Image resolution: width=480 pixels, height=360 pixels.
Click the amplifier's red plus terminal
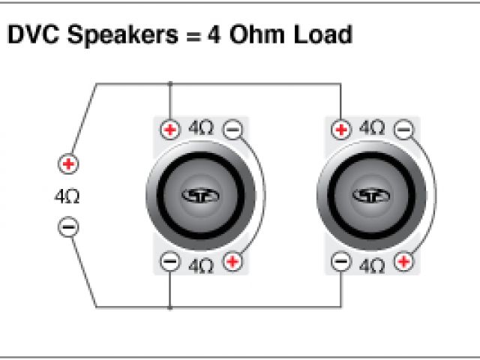coord(68,163)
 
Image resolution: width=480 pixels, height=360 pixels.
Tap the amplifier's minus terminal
coord(68,226)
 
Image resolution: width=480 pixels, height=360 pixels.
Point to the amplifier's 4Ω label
coord(67,197)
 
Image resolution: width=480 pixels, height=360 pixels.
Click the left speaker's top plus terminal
coord(170,130)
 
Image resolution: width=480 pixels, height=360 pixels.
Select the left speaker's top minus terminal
coord(233,129)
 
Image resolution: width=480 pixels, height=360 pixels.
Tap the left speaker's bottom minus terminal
coord(170,262)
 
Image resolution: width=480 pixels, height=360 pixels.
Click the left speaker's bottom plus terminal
coord(233,262)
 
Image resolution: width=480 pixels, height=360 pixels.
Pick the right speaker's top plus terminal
coord(341,129)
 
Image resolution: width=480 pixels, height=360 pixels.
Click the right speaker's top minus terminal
coord(404,129)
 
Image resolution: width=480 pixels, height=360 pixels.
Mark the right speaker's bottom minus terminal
coord(341,262)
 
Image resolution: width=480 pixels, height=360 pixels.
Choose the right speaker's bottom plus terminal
coord(404,262)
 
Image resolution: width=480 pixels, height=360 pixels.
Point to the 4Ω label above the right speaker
coord(373,127)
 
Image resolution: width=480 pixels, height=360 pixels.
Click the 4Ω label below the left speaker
coord(201,265)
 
